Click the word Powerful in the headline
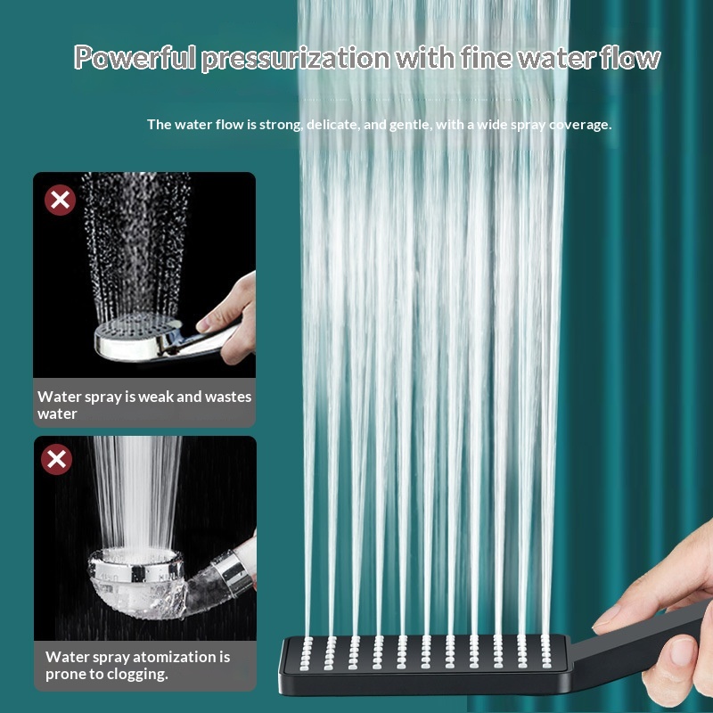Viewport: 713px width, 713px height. coord(135,59)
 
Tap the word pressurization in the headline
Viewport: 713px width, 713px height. coord(295,59)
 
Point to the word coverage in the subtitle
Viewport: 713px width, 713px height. coord(579,125)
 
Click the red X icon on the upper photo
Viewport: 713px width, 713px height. coord(60,200)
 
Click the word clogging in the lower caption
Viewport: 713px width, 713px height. coord(135,675)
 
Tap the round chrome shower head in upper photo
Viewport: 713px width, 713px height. coord(138,339)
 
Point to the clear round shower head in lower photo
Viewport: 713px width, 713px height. coord(138,579)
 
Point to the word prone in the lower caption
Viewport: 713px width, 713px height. coord(64,675)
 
